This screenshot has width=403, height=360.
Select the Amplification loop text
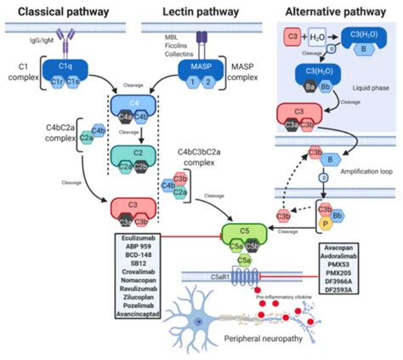pyautogui.click(x=359, y=170)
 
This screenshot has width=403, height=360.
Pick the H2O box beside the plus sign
pyautogui.click(x=318, y=36)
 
